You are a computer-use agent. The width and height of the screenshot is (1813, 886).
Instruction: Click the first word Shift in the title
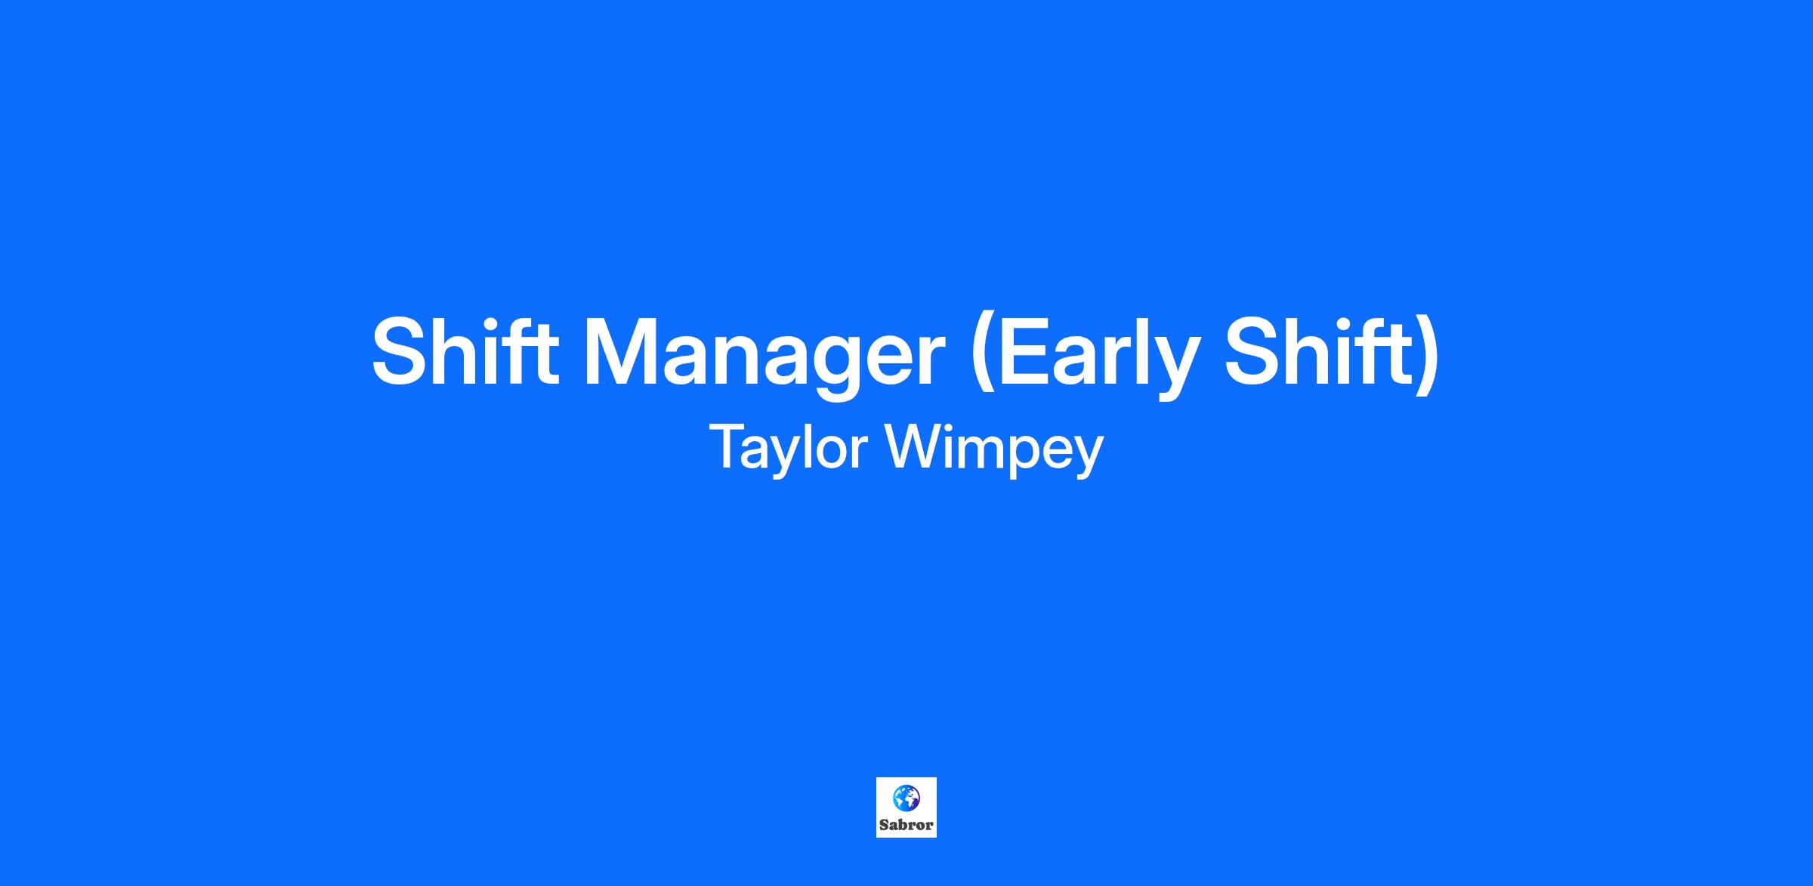click(x=465, y=351)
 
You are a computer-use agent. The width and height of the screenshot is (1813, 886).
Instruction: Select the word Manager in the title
click(x=764, y=358)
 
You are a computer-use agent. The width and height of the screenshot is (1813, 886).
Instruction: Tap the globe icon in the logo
click(x=906, y=797)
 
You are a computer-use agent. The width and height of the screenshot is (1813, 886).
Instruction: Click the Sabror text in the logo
click(x=906, y=825)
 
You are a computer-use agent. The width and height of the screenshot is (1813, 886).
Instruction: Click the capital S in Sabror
click(x=884, y=825)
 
